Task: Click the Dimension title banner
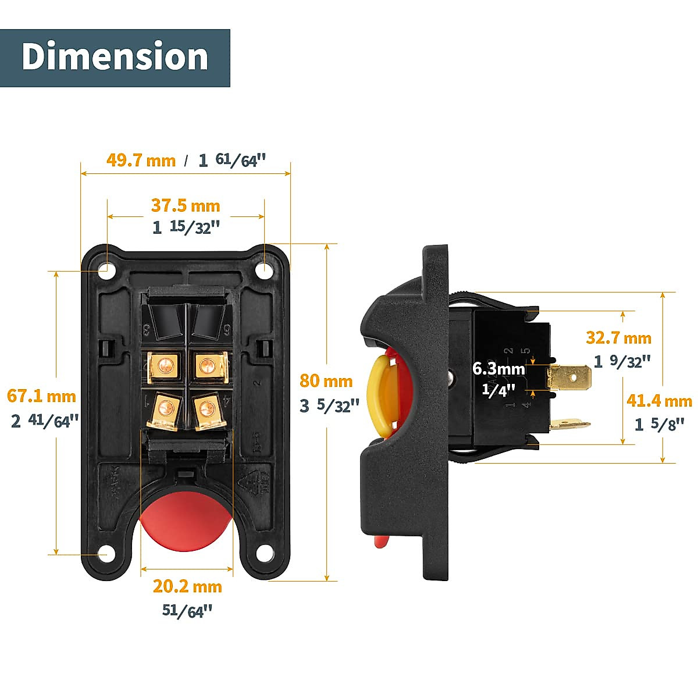[115, 58]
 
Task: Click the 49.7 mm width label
[141, 160]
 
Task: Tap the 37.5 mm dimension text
[186, 205]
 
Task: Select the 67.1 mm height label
[41, 396]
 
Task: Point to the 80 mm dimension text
[326, 381]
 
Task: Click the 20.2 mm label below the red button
[187, 586]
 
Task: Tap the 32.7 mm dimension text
[618, 337]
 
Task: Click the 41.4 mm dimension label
[659, 401]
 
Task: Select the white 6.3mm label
[498, 369]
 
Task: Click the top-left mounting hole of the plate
[106, 270]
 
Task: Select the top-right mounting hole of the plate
[265, 270]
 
